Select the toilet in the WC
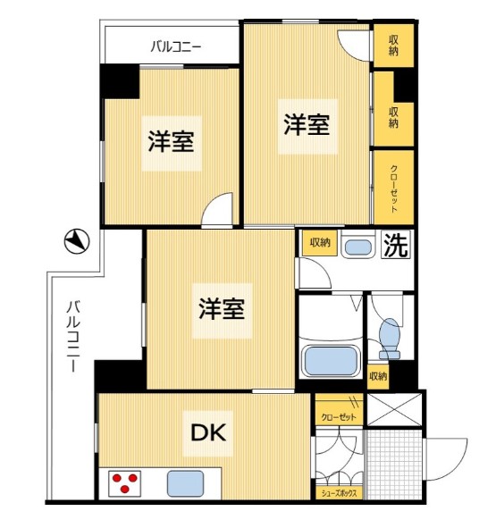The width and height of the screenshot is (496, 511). (389, 337)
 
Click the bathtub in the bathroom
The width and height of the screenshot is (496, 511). (331, 360)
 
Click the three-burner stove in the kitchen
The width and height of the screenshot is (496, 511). (125, 483)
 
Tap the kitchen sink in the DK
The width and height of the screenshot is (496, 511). (186, 483)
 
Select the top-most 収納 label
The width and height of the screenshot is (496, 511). (394, 44)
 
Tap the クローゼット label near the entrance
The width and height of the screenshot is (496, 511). (337, 417)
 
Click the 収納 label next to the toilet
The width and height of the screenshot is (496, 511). (379, 376)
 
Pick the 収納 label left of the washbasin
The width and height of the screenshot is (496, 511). (320, 242)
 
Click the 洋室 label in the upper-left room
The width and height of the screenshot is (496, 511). (171, 140)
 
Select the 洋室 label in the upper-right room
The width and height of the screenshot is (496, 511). (307, 125)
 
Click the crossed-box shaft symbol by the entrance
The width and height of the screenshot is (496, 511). (393, 409)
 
